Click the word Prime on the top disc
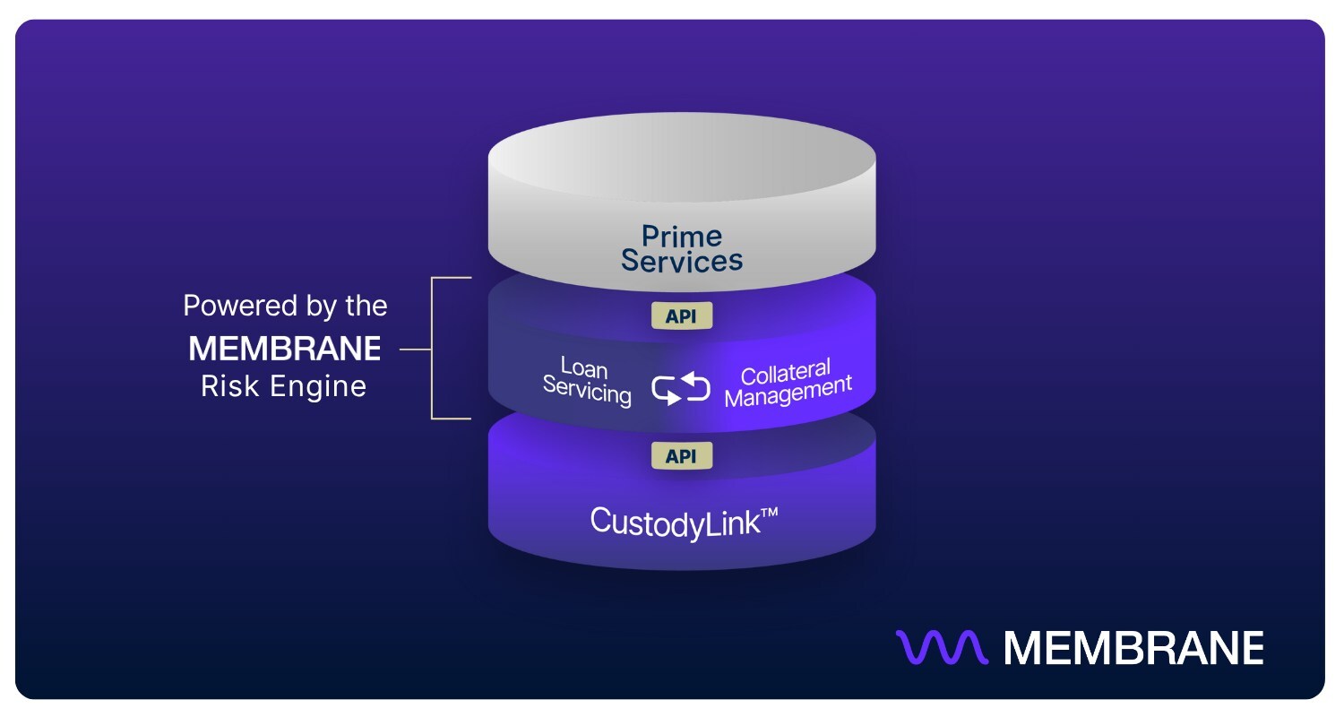[x=682, y=237]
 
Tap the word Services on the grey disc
[x=682, y=261]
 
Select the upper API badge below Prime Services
[x=682, y=316]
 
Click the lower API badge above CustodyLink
[x=682, y=455]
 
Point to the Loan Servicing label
[x=587, y=381]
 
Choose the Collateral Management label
[x=787, y=383]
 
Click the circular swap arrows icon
[x=681, y=389]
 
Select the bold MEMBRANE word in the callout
[x=284, y=349]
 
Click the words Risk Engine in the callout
[x=284, y=386]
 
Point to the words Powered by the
[x=284, y=307]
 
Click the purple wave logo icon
[x=942, y=647]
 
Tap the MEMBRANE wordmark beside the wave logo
[x=1133, y=647]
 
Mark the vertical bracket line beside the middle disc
[x=433, y=348]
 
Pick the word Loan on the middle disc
[x=583, y=367]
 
